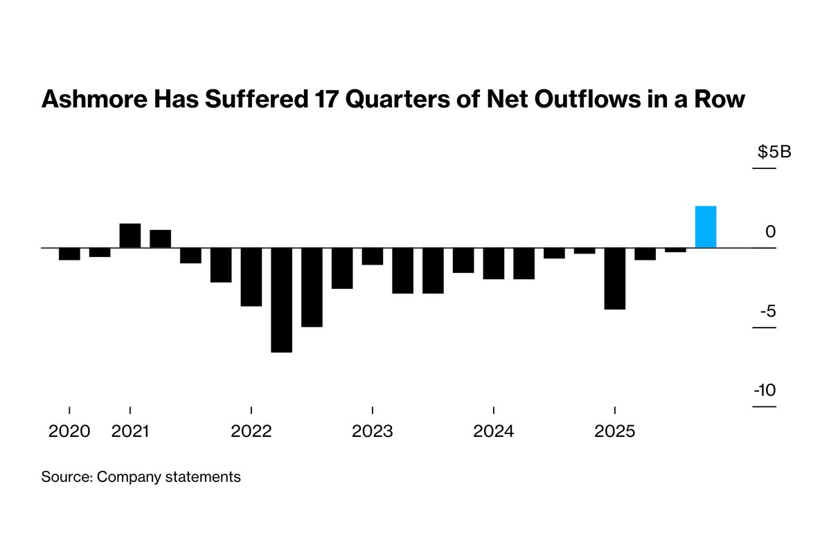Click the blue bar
coord(706,226)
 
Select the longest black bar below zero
coord(281,300)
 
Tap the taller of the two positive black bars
coord(130,235)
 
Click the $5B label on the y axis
coord(774,152)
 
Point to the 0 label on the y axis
coord(771,232)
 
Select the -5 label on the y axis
coord(767,311)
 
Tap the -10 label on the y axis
coord(765,391)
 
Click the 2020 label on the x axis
coord(69,431)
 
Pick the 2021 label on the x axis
coord(130,431)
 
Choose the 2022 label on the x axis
coord(251,431)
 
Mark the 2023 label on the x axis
coord(373,431)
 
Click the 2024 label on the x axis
coord(493,431)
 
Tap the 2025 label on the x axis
coord(615,431)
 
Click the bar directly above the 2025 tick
coord(615,278)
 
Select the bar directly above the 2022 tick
coord(251,276)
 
